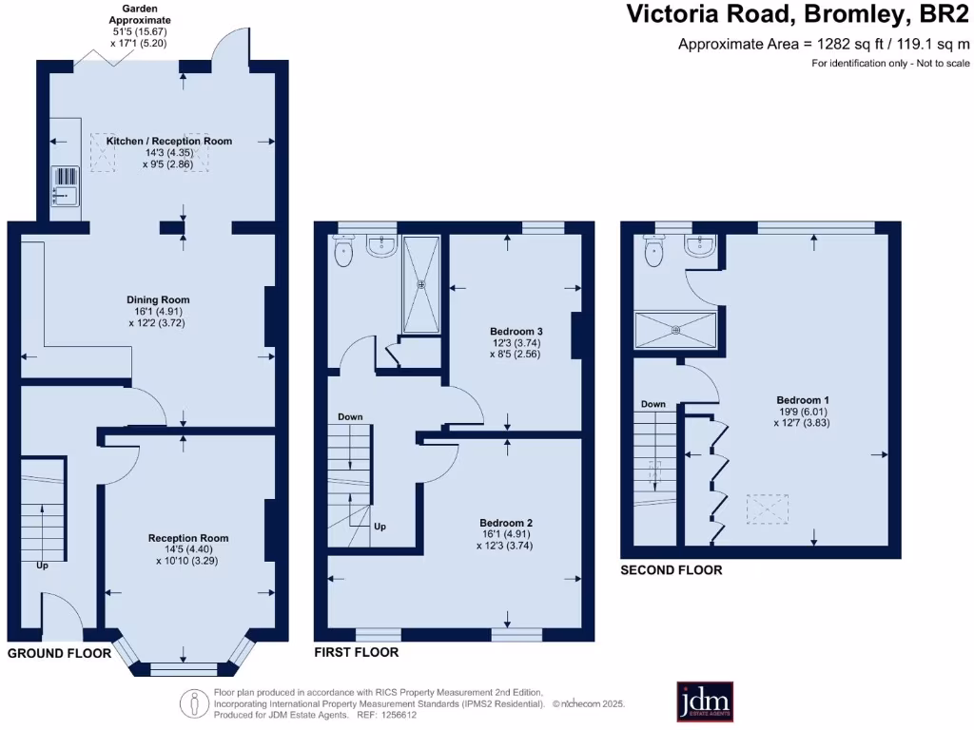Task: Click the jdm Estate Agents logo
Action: (705, 701)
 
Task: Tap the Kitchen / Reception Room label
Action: (169, 141)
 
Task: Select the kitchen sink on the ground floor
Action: (65, 185)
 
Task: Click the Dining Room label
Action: (158, 299)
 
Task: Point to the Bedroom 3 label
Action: (516, 332)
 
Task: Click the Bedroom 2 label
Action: (506, 523)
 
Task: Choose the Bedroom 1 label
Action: (803, 400)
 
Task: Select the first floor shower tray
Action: (421, 285)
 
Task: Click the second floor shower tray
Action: (675, 330)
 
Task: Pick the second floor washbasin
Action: (701, 245)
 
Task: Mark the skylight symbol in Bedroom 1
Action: (768, 509)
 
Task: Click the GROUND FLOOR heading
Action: (60, 653)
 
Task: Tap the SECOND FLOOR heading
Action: (672, 570)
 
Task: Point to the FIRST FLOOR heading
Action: (357, 652)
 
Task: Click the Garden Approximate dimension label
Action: (140, 26)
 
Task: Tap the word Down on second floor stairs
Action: (653, 404)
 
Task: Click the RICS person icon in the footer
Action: (194, 704)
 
